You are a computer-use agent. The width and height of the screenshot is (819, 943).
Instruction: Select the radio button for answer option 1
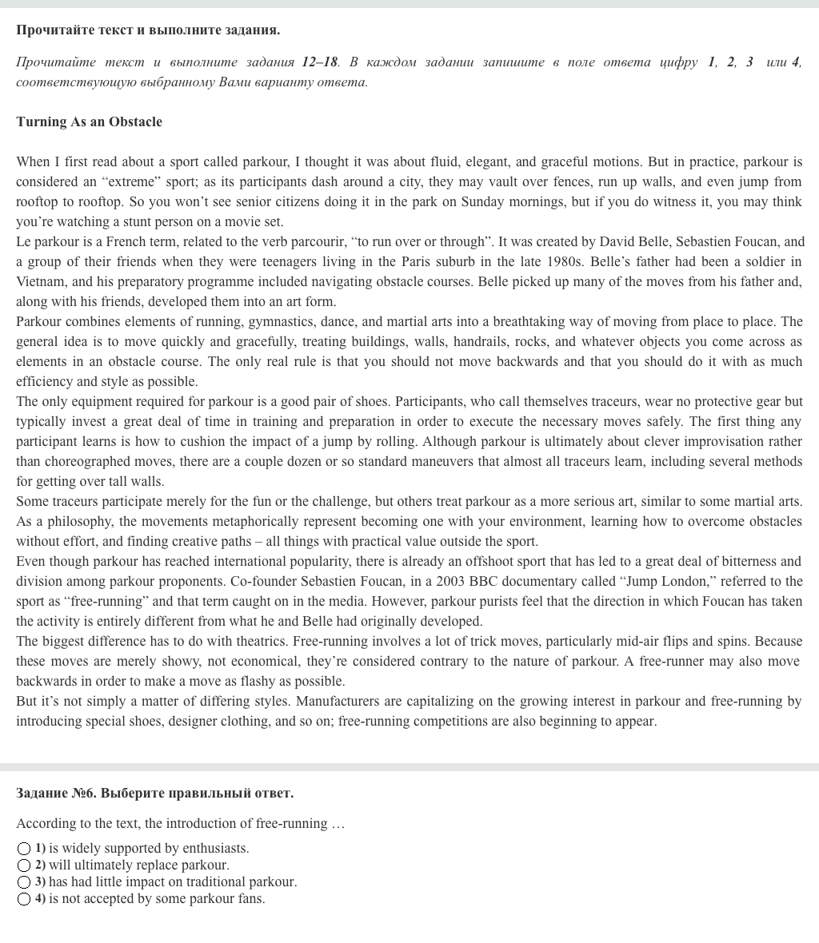pyautogui.click(x=24, y=848)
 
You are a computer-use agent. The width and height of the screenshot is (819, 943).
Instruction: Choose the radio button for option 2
pyautogui.click(x=24, y=865)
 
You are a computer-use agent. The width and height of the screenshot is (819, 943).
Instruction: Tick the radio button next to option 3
pyautogui.click(x=24, y=882)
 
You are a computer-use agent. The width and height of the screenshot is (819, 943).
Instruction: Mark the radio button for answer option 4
pyautogui.click(x=24, y=899)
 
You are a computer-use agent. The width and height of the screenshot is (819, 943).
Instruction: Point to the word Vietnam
pyautogui.click(x=40, y=281)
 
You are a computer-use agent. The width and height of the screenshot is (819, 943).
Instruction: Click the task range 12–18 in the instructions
pyautogui.click(x=320, y=62)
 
